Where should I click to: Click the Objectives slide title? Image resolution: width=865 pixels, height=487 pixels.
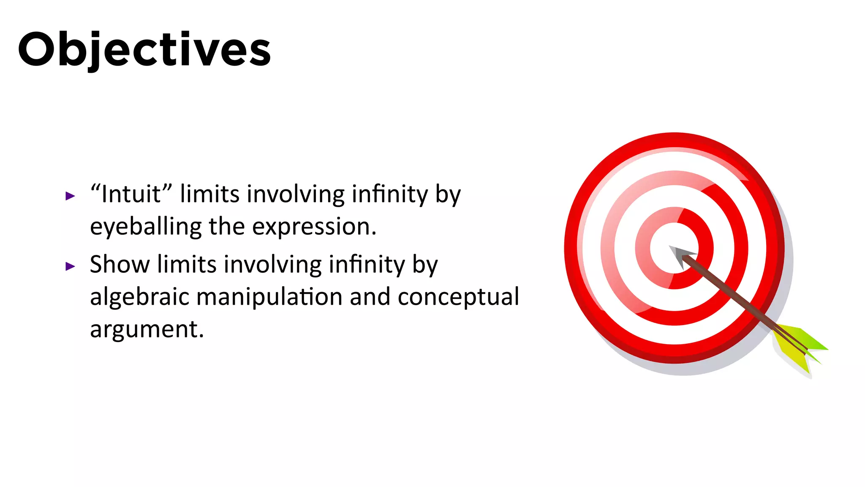point(144,50)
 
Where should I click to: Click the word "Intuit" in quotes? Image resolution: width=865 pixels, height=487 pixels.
point(131,194)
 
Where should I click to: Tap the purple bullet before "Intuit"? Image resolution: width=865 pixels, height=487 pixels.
point(70,196)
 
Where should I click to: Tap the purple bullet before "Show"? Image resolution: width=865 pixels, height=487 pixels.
point(70,266)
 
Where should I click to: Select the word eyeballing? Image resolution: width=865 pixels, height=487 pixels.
point(146,227)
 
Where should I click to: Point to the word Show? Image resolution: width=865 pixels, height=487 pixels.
point(120,264)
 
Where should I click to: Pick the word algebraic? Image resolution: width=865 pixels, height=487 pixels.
point(139,296)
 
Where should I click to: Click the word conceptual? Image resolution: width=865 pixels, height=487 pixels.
point(458,297)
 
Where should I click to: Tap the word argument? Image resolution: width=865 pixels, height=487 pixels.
point(147,329)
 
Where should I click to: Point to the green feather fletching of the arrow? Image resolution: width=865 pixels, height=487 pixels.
point(809,340)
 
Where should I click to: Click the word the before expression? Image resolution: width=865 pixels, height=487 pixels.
point(226,227)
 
